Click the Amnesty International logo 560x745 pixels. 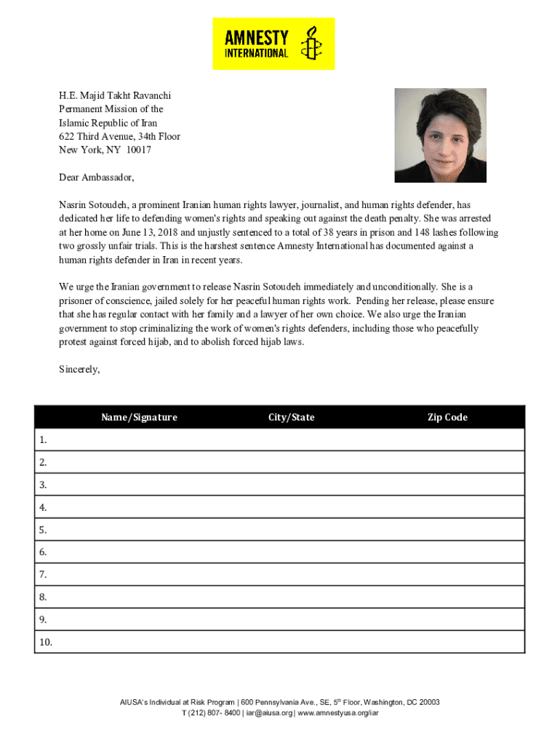pos(273,44)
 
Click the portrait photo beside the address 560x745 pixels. pos(440,135)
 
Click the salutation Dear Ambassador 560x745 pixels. pos(97,178)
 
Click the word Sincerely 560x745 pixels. pos(79,369)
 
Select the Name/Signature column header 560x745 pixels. pos(139,417)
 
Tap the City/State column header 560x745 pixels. pos(291,417)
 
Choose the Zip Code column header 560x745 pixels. pos(447,417)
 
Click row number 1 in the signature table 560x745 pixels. pos(44,439)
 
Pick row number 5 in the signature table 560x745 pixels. pos(44,530)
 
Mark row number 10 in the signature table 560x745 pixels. pos(46,642)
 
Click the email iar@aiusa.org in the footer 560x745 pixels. pos(269,713)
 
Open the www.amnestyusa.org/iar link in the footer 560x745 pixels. pos(337,713)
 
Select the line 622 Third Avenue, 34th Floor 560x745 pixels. pos(119,136)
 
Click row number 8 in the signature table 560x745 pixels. pos(44,597)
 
